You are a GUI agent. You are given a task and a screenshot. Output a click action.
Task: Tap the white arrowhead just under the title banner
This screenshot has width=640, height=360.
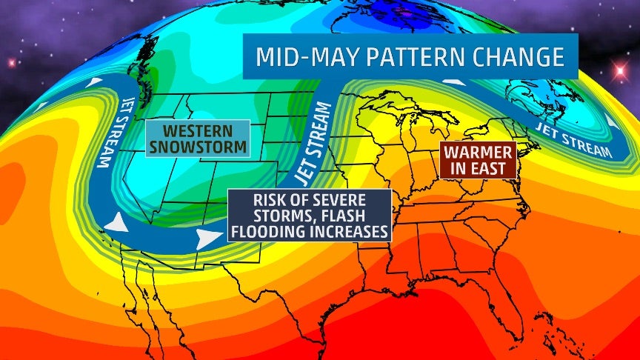[454, 81]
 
